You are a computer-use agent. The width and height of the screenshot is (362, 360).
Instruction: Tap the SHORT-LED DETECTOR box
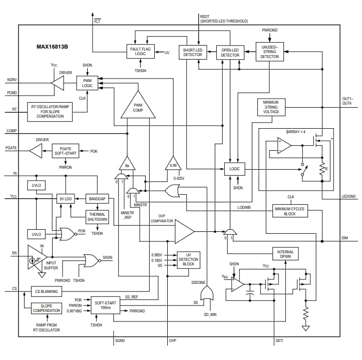[x=193, y=53]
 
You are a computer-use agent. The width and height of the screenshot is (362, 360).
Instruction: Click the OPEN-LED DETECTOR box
[x=230, y=53]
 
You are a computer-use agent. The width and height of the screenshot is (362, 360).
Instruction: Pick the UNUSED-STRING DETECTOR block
[x=269, y=52]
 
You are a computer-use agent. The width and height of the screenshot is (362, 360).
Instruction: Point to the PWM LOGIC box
[x=87, y=83]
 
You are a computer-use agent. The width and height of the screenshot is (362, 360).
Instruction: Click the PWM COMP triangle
[x=138, y=106]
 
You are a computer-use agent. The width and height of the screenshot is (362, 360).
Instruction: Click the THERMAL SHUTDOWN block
[x=97, y=216]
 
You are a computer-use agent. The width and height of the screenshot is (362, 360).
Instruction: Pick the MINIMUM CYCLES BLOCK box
[x=290, y=210]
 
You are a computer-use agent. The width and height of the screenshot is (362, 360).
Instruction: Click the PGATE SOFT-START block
[x=68, y=151]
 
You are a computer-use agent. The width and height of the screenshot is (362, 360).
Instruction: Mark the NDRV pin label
[x=12, y=80]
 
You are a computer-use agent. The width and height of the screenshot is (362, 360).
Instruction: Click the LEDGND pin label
[x=348, y=196]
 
